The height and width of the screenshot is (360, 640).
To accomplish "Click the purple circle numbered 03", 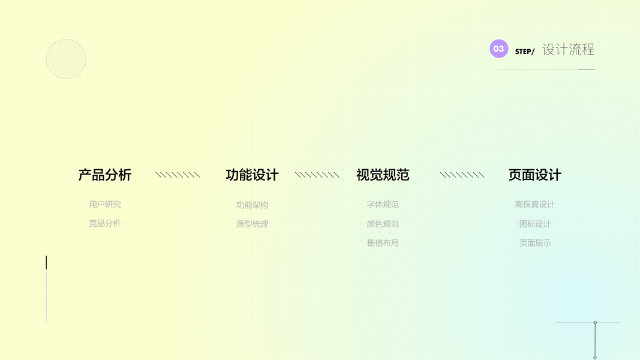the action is pos(498,49).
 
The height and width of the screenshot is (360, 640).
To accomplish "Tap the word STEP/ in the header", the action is pos(524,52).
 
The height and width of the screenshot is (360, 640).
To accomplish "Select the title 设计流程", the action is pos(568,50).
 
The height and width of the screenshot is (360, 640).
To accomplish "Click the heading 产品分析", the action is pos(105,175).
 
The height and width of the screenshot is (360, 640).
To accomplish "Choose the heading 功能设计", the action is pos(252,175).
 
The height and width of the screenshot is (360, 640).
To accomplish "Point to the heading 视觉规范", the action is pos(383,175).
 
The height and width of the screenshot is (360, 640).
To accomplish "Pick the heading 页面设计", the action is pos(534,175).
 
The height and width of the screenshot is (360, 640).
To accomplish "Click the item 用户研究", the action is pos(105,205).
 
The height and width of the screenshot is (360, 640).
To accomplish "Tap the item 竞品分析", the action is pos(105,223).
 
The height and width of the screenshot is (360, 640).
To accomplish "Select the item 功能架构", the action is pos(252,205).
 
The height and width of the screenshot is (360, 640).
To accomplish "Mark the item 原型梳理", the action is pos(252,224).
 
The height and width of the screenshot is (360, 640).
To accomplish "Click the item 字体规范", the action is pos(383,205).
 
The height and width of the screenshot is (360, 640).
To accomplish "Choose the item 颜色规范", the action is pos(383,224).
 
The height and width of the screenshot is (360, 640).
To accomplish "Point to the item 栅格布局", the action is pos(383,243).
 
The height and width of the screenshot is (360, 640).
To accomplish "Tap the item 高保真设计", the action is pos(534,205).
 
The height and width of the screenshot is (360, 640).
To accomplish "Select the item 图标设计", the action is pos(534,224).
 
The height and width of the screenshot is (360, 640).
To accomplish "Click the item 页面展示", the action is pos(534,243).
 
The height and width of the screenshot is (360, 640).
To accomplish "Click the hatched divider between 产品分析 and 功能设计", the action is pos(178,175).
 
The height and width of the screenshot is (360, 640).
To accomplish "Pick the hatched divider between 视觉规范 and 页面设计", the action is pos(462,175).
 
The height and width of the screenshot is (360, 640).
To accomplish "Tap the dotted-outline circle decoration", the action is pos(66,59).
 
